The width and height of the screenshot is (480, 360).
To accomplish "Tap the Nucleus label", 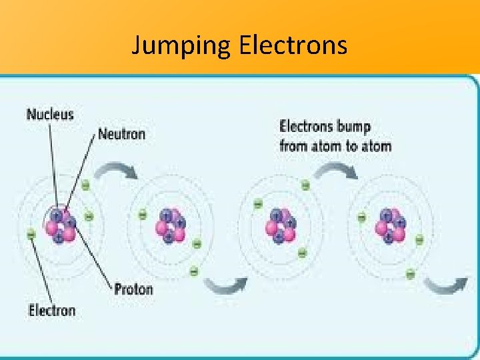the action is [x=50, y=114].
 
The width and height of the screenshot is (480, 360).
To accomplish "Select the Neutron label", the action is [x=121, y=133].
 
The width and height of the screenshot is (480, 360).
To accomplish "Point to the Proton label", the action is [x=133, y=289].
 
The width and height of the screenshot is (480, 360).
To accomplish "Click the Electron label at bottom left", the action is [x=51, y=310].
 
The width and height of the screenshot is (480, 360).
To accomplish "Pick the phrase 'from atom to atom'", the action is [x=335, y=145].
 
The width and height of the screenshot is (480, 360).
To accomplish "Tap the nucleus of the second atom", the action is [x=169, y=225].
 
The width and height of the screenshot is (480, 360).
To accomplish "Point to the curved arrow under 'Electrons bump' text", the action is [x=337, y=170].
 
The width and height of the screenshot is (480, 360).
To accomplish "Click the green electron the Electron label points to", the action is [x=31, y=234].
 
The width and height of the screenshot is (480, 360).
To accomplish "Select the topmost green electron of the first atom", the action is [x=85, y=186].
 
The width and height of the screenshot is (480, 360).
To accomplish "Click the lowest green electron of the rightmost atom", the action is [x=410, y=273].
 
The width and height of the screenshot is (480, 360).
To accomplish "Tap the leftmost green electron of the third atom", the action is [x=258, y=204].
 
